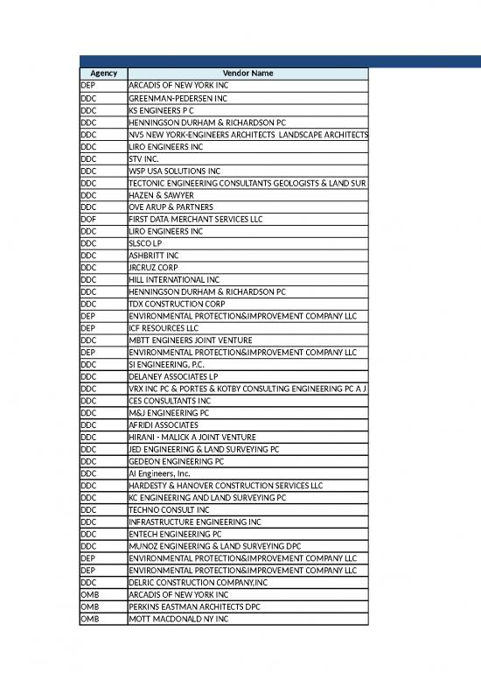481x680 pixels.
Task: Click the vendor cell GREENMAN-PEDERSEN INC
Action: (175, 99)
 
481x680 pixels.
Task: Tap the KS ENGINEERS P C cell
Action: (161, 111)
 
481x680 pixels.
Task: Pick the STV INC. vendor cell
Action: (144, 159)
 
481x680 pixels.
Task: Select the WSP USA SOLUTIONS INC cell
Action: (174, 171)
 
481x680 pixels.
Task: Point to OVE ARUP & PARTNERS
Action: (171, 207)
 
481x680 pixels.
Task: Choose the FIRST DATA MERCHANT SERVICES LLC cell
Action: (198, 219)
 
